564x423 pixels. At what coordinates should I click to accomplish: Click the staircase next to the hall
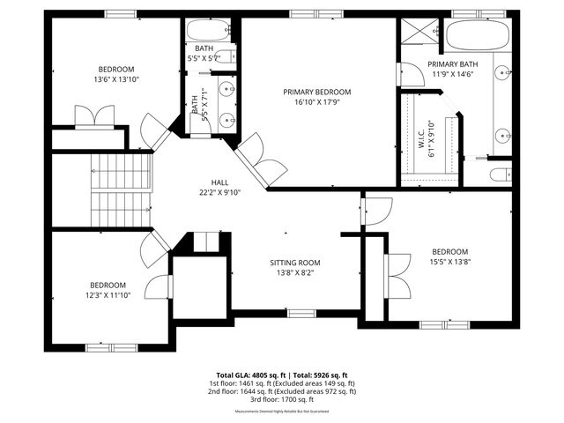(x=120, y=189)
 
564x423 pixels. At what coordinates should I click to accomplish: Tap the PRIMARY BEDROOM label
(x=317, y=92)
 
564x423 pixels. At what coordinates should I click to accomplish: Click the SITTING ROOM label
(x=295, y=263)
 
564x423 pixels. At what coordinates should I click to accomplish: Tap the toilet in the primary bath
(x=500, y=174)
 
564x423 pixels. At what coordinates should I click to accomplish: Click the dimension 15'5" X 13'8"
(x=449, y=262)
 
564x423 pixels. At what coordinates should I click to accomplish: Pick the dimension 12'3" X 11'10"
(x=108, y=295)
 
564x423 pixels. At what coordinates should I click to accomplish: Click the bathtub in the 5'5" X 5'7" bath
(x=211, y=30)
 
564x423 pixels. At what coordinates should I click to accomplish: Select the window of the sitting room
(x=301, y=313)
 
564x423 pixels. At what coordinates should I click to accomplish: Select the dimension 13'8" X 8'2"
(x=295, y=273)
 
